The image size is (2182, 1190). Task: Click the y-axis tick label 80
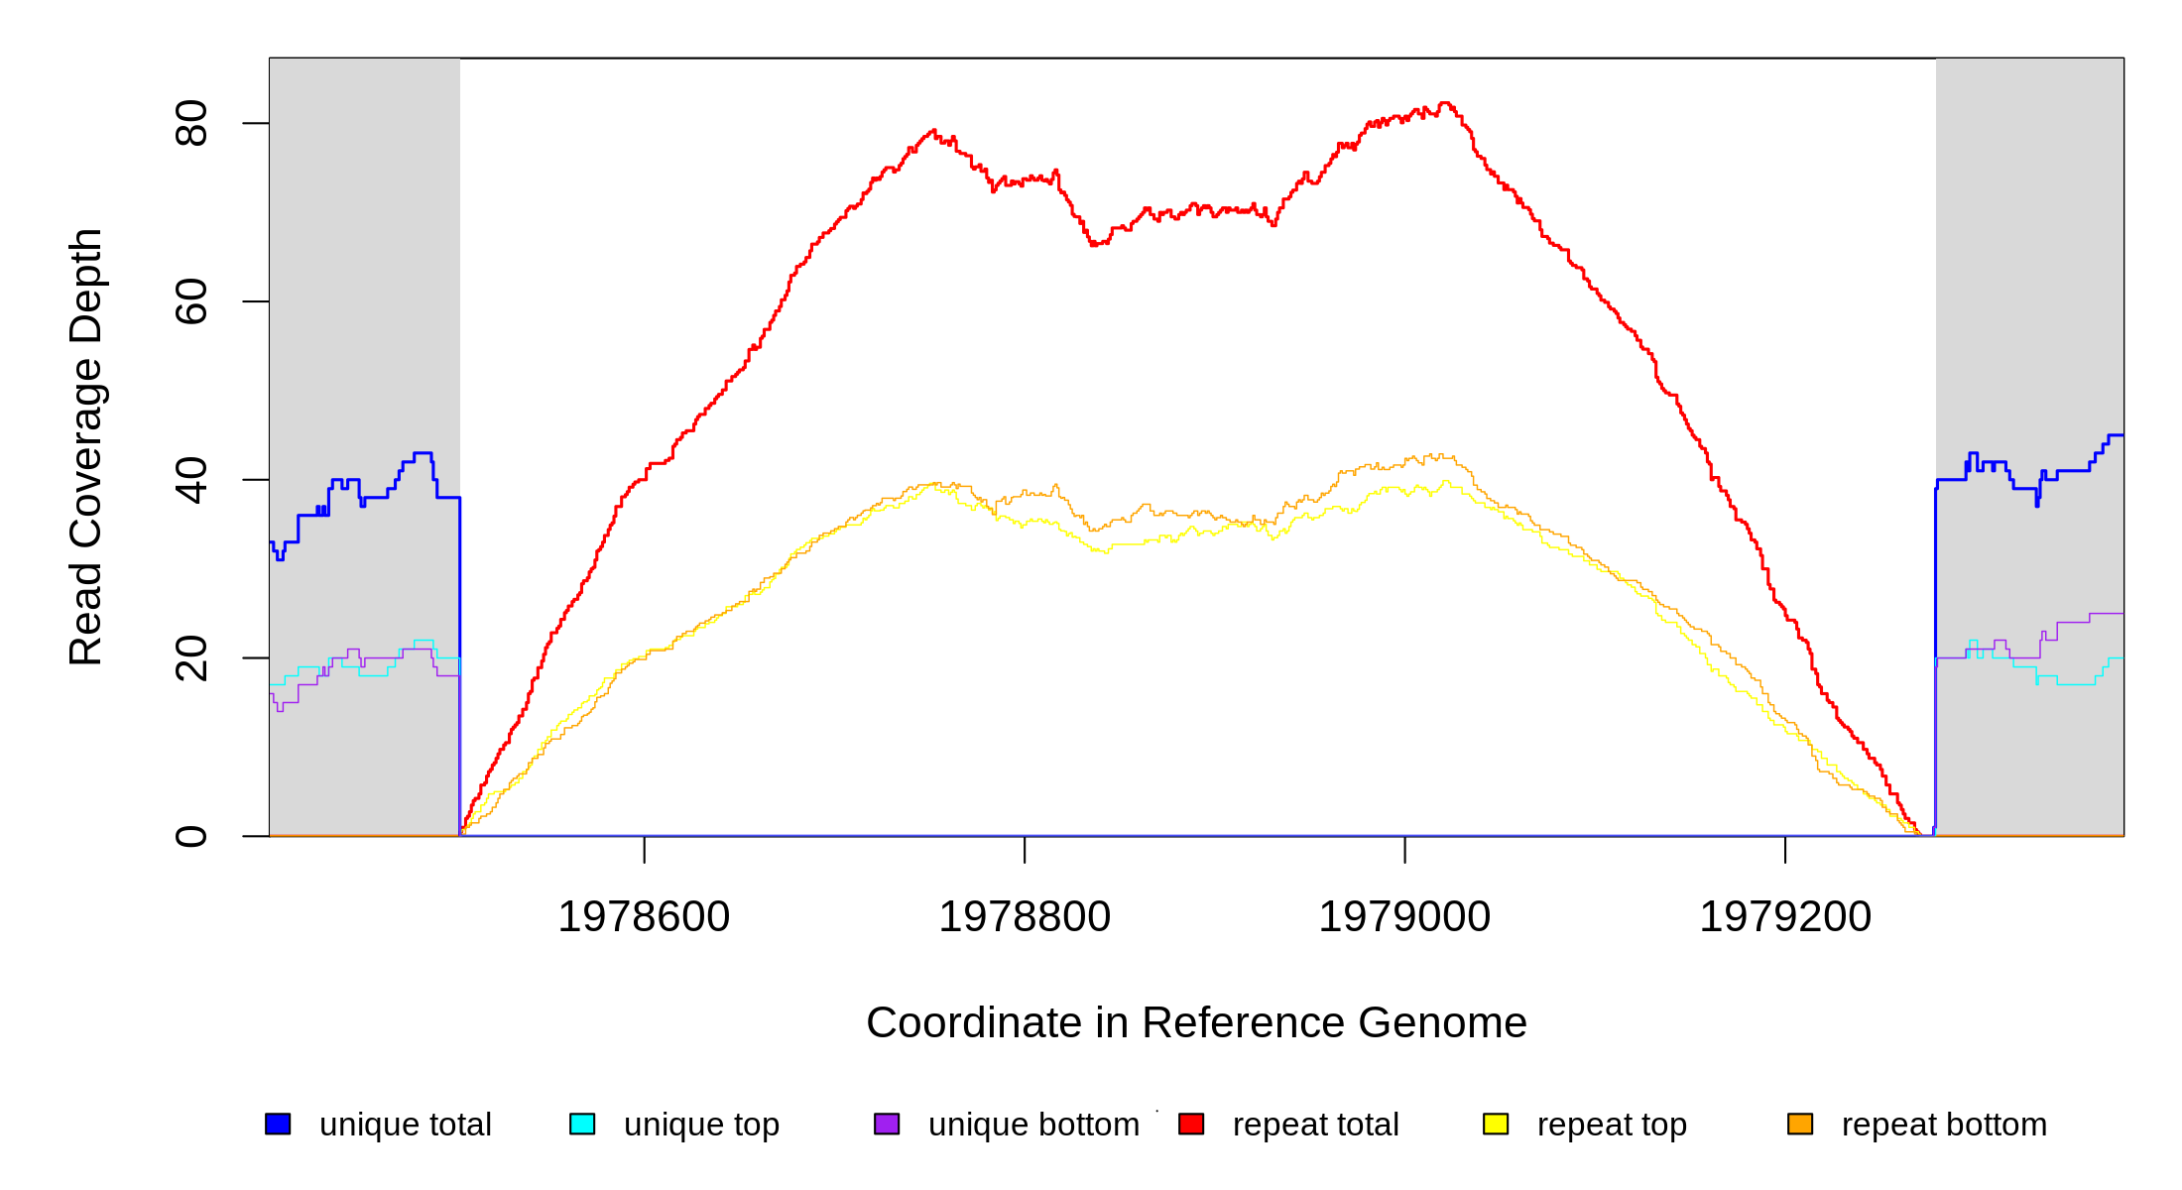[x=191, y=123]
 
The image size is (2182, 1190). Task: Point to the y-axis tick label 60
[x=191, y=301]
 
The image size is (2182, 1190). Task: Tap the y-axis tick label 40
[x=191, y=480]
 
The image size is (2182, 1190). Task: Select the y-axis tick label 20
[x=191, y=658]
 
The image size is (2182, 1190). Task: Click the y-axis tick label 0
[x=191, y=836]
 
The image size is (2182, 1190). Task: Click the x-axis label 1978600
[x=644, y=916]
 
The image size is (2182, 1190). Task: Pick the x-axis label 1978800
[x=1025, y=916]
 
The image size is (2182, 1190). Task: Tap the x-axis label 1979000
[x=1404, y=916]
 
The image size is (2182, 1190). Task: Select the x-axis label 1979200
[x=1785, y=916]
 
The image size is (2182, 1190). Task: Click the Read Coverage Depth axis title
[x=85, y=446]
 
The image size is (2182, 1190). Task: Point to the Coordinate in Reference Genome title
[x=1196, y=1022]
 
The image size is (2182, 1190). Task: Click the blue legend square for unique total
[x=278, y=1124]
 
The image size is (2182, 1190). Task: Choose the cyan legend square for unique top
[x=582, y=1124]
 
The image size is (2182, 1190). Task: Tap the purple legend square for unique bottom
[x=887, y=1124]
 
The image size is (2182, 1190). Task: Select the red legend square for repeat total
[x=1191, y=1124]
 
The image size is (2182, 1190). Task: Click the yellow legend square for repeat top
[x=1496, y=1124]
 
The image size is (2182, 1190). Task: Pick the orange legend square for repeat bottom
[x=1800, y=1124]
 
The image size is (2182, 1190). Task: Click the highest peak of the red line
[x=1444, y=103]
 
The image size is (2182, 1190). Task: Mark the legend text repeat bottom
[x=1944, y=1125]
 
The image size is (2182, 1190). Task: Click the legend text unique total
[x=405, y=1125]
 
